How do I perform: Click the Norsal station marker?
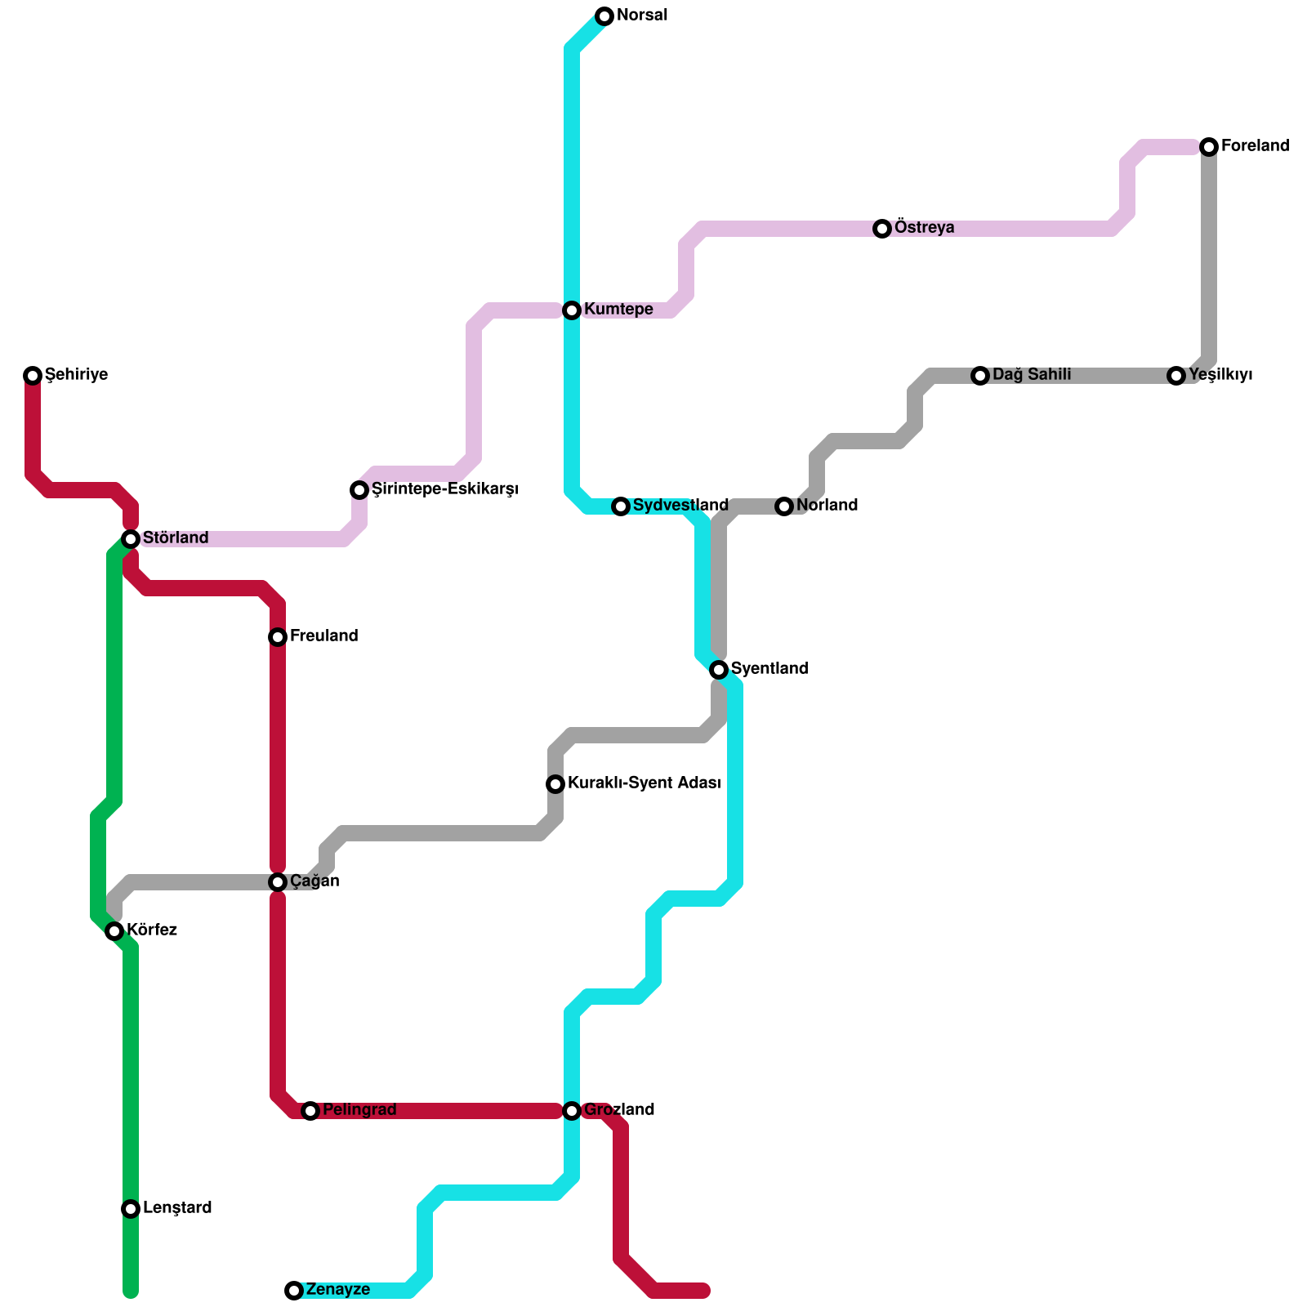coord(604,16)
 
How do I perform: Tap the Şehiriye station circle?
coord(33,376)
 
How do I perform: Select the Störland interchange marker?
coord(131,539)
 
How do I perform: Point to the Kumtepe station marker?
coord(572,310)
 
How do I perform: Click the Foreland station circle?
coord(1209,147)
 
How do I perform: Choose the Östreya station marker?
coord(882,229)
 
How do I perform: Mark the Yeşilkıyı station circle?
coord(1176,376)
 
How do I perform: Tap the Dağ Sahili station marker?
coord(980,376)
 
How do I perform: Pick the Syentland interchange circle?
coord(719,670)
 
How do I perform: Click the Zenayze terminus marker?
coord(294,1291)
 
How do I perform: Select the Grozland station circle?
coord(572,1111)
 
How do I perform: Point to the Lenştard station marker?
coord(131,1209)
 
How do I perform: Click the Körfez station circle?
coord(114,931)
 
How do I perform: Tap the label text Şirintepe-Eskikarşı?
coord(445,489)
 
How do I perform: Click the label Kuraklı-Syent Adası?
coord(644,783)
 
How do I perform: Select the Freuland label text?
coord(323,636)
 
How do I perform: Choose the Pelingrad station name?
coord(359,1110)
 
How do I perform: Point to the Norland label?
coord(827,506)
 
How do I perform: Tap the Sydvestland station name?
coord(680,506)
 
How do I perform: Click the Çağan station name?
coord(314,881)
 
